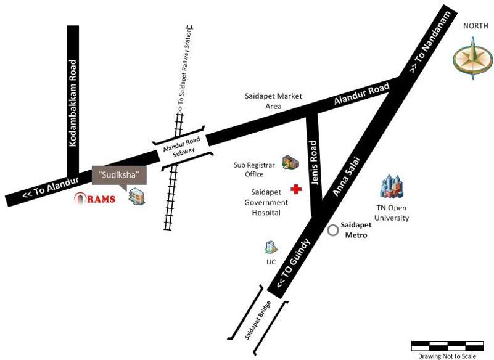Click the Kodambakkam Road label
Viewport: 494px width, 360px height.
(x=73, y=102)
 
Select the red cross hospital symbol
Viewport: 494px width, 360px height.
(x=297, y=189)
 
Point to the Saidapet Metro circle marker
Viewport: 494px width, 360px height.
(x=333, y=231)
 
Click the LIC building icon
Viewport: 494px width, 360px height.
(x=270, y=247)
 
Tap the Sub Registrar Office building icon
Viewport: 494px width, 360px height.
(x=290, y=162)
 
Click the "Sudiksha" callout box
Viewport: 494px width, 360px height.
(x=120, y=174)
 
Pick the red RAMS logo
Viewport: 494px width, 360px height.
(x=94, y=198)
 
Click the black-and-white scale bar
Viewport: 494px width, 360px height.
(x=447, y=346)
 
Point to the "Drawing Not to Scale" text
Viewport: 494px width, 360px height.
(x=447, y=356)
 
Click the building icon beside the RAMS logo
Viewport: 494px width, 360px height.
(x=138, y=196)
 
